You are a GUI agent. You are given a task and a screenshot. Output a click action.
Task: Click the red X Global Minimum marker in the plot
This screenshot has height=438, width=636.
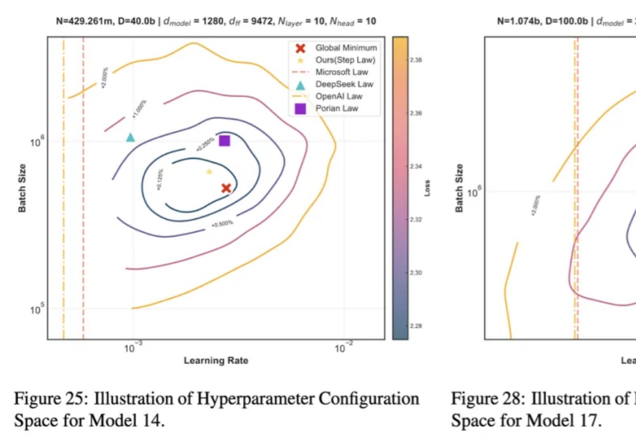(226, 188)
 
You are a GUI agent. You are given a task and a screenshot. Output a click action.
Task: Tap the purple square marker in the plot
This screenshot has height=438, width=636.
(224, 141)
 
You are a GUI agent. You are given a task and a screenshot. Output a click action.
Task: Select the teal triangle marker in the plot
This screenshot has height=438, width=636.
(130, 138)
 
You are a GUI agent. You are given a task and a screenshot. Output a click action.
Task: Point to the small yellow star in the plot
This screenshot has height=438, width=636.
(209, 172)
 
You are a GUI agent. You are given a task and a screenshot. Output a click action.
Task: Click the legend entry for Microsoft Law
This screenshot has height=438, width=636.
(342, 72)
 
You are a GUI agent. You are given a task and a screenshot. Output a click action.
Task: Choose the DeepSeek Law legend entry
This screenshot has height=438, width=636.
(344, 84)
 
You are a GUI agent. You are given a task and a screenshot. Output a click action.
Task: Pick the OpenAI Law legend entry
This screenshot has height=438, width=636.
(339, 96)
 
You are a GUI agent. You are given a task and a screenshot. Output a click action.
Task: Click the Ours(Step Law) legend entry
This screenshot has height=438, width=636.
(345, 59)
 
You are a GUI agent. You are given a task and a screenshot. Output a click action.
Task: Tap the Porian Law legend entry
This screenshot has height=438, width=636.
(336, 108)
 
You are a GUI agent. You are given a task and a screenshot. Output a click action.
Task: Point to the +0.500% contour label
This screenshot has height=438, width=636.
(223, 224)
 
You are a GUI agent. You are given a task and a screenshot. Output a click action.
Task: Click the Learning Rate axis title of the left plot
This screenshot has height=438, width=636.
(216, 360)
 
